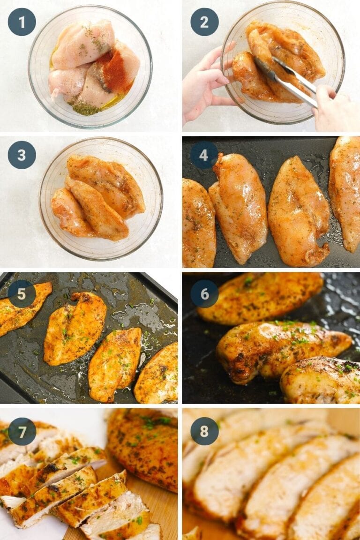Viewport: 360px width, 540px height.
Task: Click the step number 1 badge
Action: [x=22, y=22]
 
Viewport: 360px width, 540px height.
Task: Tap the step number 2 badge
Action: [x=204, y=22]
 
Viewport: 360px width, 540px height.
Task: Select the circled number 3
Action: [x=22, y=155]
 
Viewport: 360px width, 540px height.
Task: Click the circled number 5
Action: [x=22, y=294]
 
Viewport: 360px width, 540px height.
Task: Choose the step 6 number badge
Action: [x=204, y=294]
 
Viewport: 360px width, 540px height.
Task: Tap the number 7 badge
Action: [x=22, y=432]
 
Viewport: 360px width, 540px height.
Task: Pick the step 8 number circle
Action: [x=204, y=432]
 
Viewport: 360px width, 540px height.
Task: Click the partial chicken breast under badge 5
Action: [x=23, y=312]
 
